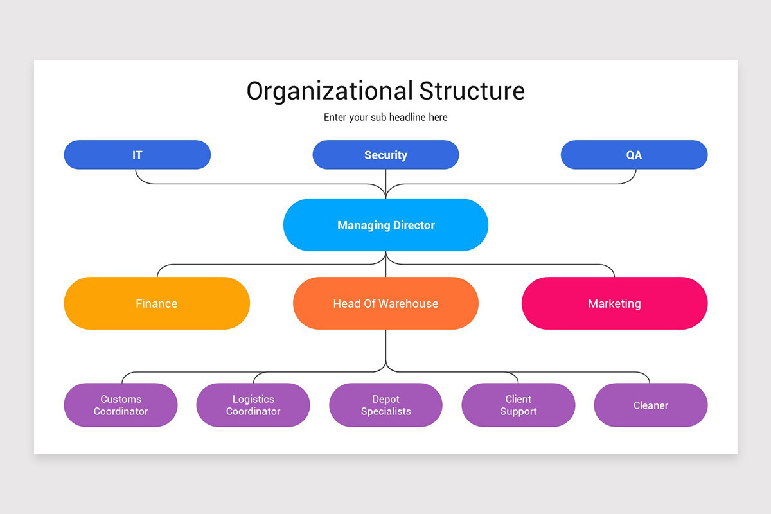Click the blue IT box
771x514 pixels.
coord(137,155)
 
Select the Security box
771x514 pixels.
coord(385,155)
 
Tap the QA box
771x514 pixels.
coord(634,155)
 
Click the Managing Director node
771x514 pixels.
coord(385,225)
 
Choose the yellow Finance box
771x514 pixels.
coord(156,303)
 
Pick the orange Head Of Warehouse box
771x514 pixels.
coord(385,303)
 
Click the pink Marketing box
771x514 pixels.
coord(614,303)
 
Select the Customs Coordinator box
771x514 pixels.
coord(120,405)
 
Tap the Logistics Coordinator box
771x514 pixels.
coord(253,405)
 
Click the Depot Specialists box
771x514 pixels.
coord(385,405)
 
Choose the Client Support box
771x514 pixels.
coord(518,405)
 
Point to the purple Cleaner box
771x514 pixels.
coord(650,405)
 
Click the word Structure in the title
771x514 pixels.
coord(472,91)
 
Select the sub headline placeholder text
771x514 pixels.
coord(385,117)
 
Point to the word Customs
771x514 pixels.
coord(121,399)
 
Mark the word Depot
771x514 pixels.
coord(385,399)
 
